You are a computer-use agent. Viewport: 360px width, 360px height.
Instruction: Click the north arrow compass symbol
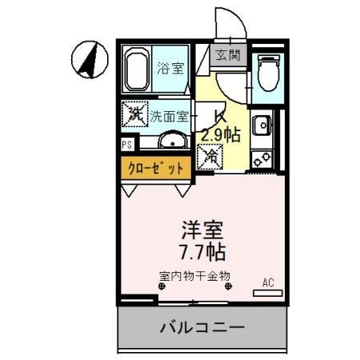coord(90,59)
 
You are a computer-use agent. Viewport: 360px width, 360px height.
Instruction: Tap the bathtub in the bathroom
coord(137,70)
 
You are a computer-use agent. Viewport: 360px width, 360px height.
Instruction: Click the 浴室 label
coord(170,68)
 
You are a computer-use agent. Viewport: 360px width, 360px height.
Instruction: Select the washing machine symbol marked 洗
coord(135,114)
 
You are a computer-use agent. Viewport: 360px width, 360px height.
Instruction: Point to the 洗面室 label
coord(170,116)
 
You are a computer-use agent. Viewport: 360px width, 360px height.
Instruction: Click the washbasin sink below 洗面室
coord(173,140)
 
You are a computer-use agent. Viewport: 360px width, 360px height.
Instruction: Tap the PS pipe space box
coord(127,145)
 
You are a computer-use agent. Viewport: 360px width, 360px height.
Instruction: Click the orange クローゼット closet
coord(156,168)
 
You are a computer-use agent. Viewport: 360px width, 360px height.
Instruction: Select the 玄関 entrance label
coord(228,55)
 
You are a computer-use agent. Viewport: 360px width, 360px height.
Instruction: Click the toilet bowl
coord(269,73)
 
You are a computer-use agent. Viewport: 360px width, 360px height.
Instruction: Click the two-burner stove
coord(262,159)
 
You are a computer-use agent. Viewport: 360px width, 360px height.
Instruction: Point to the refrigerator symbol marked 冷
coord(210,157)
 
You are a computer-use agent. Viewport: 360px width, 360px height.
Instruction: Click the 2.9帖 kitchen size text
coord(221,134)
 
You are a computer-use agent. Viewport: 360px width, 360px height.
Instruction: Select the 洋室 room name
coord(202,230)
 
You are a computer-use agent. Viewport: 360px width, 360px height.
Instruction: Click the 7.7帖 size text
coord(203,252)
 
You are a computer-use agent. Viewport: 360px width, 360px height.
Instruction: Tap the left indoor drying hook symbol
coord(162,286)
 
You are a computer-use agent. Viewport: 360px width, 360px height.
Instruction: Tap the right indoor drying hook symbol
coord(229,286)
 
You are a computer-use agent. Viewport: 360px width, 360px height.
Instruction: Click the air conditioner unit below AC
coord(268,293)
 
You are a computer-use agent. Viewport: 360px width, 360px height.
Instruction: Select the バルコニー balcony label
coord(202,327)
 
